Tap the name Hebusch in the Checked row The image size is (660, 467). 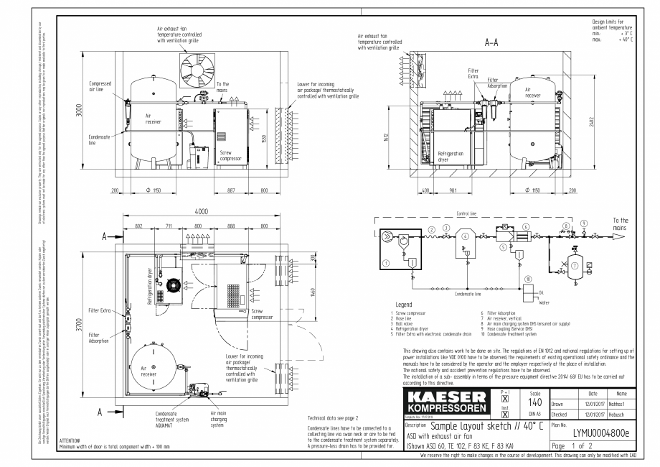tap(620, 414)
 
